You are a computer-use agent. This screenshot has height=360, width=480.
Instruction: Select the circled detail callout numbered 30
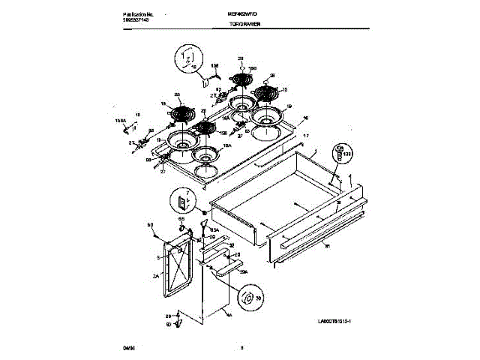pyautogui.click(x=247, y=298)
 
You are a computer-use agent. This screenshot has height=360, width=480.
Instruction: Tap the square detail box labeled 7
pyautogui.click(x=182, y=201)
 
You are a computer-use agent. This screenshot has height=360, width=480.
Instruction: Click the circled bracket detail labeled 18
pyautogui.click(x=187, y=58)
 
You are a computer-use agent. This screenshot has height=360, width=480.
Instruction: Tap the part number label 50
pyautogui.click(x=150, y=224)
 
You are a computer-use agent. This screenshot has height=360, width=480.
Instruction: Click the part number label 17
pyautogui.click(x=306, y=135)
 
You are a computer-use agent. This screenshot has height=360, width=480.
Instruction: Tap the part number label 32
pyautogui.click(x=231, y=244)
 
